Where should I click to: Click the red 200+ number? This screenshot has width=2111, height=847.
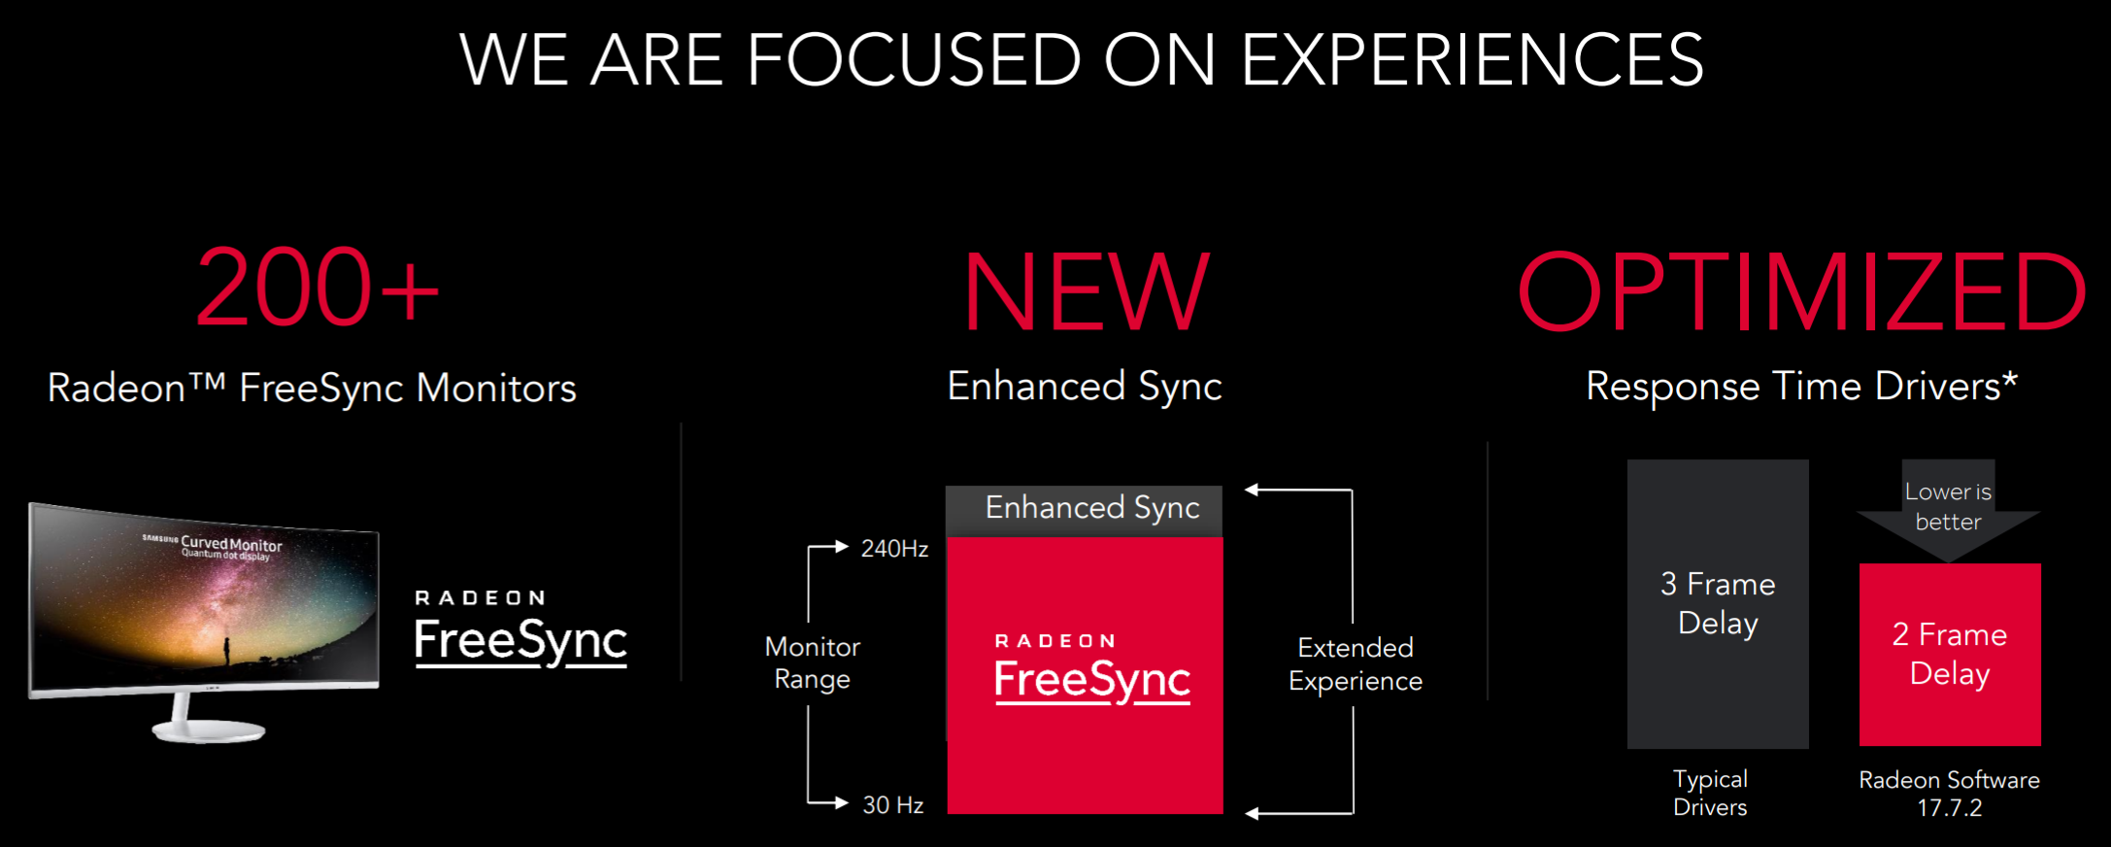[x=318, y=288]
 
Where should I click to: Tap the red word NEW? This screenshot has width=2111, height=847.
[x=1087, y=291]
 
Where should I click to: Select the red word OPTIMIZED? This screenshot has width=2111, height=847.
[x=1802, y=291]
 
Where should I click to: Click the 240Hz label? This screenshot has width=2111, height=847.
[x=894, y=549]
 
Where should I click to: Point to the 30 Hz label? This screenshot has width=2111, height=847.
[x=893, y=805]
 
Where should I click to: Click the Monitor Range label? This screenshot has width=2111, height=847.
[x=813, y=662]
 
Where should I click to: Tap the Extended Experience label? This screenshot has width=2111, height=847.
[x=1356, y=664]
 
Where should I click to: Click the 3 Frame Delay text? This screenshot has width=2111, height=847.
[x=1718, y=603]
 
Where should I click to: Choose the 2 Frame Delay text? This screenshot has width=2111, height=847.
[x=1950, y=654]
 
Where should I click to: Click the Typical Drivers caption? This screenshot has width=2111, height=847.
[x=1710, y=793]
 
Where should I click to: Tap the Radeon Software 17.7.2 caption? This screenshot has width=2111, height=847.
[x=1950, y=794]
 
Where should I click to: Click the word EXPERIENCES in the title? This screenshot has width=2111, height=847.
[x=1472, y=60]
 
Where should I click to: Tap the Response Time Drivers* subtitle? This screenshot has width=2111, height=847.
[x=1801, y=387]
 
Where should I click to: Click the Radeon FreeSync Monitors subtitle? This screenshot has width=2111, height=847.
[x=312, y=389]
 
